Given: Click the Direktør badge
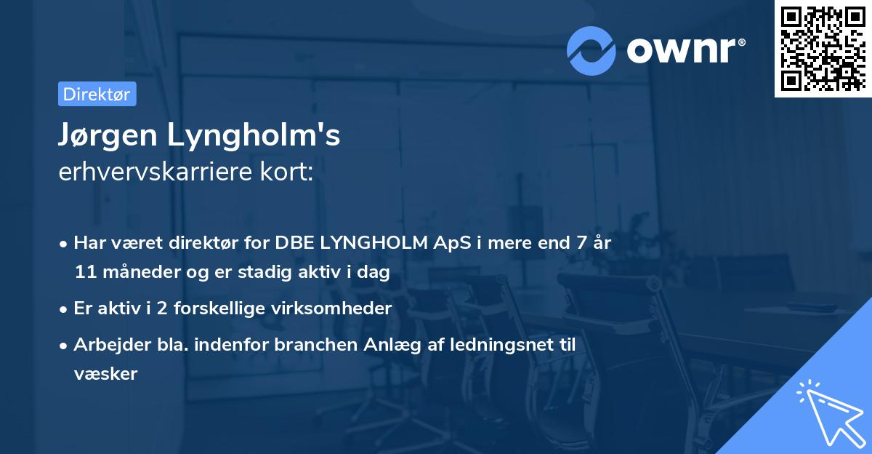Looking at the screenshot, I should (x=97, y=94).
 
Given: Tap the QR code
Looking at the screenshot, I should (x=822, y=48).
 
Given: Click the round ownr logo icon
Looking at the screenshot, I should (x=592, y=50).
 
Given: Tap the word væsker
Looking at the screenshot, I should (x=105, y=373).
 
